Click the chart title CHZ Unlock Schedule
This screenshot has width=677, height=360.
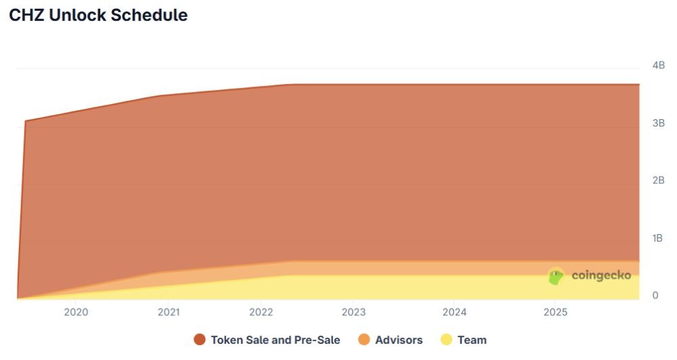click(x=98, y=16)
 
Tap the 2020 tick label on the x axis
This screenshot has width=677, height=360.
click(x=75, y=312)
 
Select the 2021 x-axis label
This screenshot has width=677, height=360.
click(x=168, y=312)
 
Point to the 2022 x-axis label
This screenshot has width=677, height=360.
click(x=261, y=312)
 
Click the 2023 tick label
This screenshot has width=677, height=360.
click(x=353, y=312)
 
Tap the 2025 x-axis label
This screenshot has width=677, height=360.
click(x=555, y=312)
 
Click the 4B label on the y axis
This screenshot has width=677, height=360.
click(x=658, y=66)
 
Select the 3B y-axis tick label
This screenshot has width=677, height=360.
click(x=658, y=123)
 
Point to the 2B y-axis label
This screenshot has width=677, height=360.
click(x=658, y=181)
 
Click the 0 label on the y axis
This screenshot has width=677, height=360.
click(x=655, y=296)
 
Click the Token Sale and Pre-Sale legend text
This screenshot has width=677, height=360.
click(x=276, y=340)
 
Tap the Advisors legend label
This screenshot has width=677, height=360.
click(x=399, y=340)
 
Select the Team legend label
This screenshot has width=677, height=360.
click(x=472, y=340)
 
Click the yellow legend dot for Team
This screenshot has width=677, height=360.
click(x=447, y=340)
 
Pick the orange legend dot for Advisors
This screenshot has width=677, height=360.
click(x=364, y=340)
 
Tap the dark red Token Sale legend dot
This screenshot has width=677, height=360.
click(x=200, y=340)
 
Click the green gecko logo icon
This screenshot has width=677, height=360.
click(x=556, y=276)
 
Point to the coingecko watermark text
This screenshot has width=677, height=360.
click(x=601, y=276)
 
